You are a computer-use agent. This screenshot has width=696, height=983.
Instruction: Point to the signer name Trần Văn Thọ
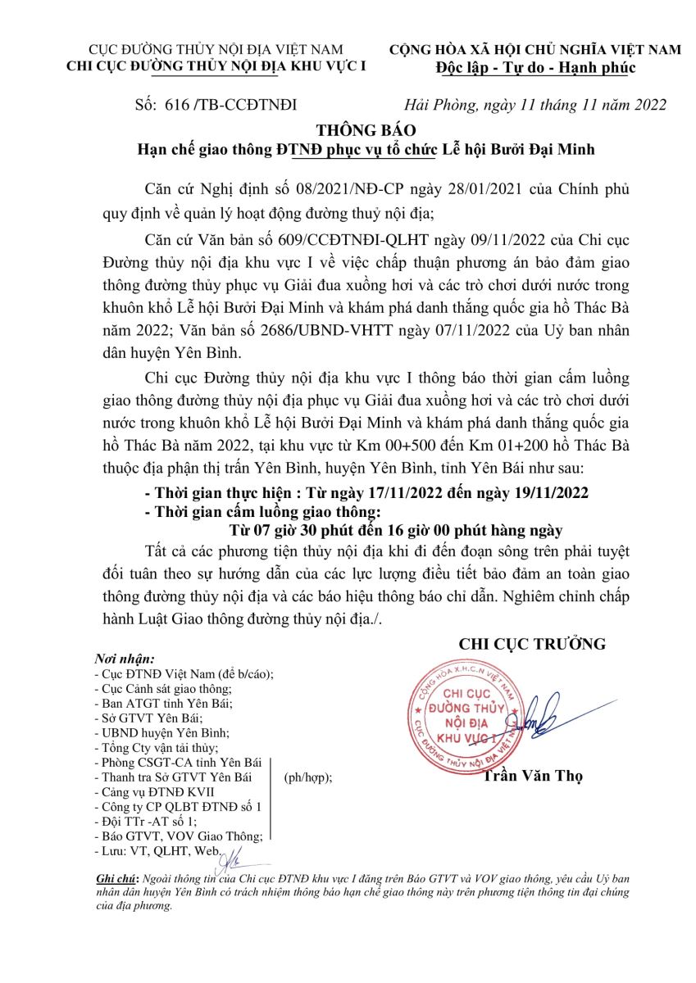[x=532, y=777]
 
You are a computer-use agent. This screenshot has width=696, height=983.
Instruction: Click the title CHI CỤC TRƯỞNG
[x=532, y=644]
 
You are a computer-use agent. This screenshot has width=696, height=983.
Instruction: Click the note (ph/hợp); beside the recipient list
[x=308, y=778]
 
